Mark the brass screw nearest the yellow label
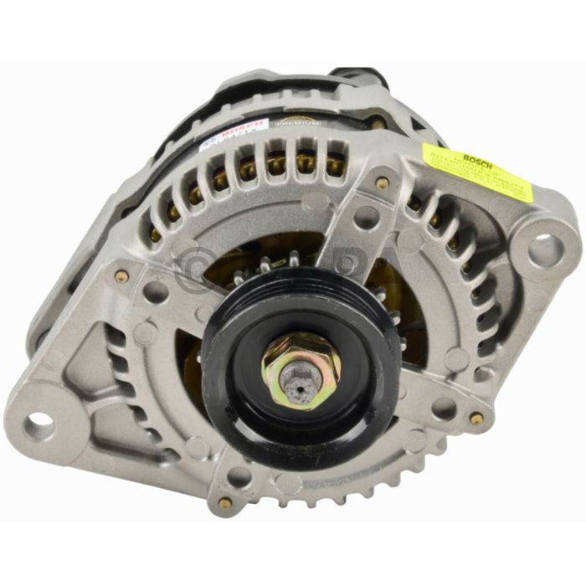click(x=383, y=183)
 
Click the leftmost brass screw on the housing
click(x=122, y=276)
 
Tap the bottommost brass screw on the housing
click(x=224, y=502)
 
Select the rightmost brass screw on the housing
click(x=476, y=418)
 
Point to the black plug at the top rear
click(x=356, y=77)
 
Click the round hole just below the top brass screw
click(x=366, y=217)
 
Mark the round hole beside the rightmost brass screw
click(x=444, y=409)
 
